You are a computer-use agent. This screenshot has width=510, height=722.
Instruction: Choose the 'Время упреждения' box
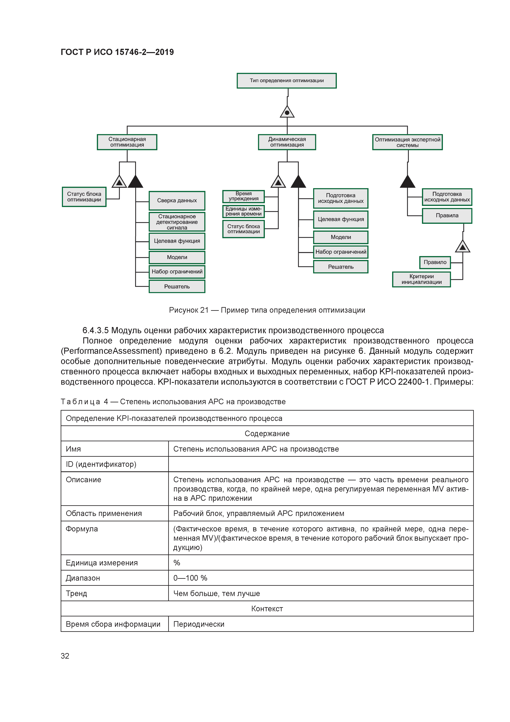tap(243, 196)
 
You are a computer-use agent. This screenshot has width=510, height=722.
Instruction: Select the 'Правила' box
tap(447, 216)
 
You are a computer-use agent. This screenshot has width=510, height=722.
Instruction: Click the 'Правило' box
tap(435, 262)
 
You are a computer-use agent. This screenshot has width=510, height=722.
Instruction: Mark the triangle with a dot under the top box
tap(287, 112)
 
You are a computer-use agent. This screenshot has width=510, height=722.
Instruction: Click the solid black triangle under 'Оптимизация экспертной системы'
tap(408, 182)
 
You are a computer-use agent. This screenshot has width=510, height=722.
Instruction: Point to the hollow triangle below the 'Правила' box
tap(462, 247)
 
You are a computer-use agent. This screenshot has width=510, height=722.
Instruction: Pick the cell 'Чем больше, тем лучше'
tap(217, 593)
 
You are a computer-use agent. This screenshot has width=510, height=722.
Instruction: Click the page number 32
tap(65, 656)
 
